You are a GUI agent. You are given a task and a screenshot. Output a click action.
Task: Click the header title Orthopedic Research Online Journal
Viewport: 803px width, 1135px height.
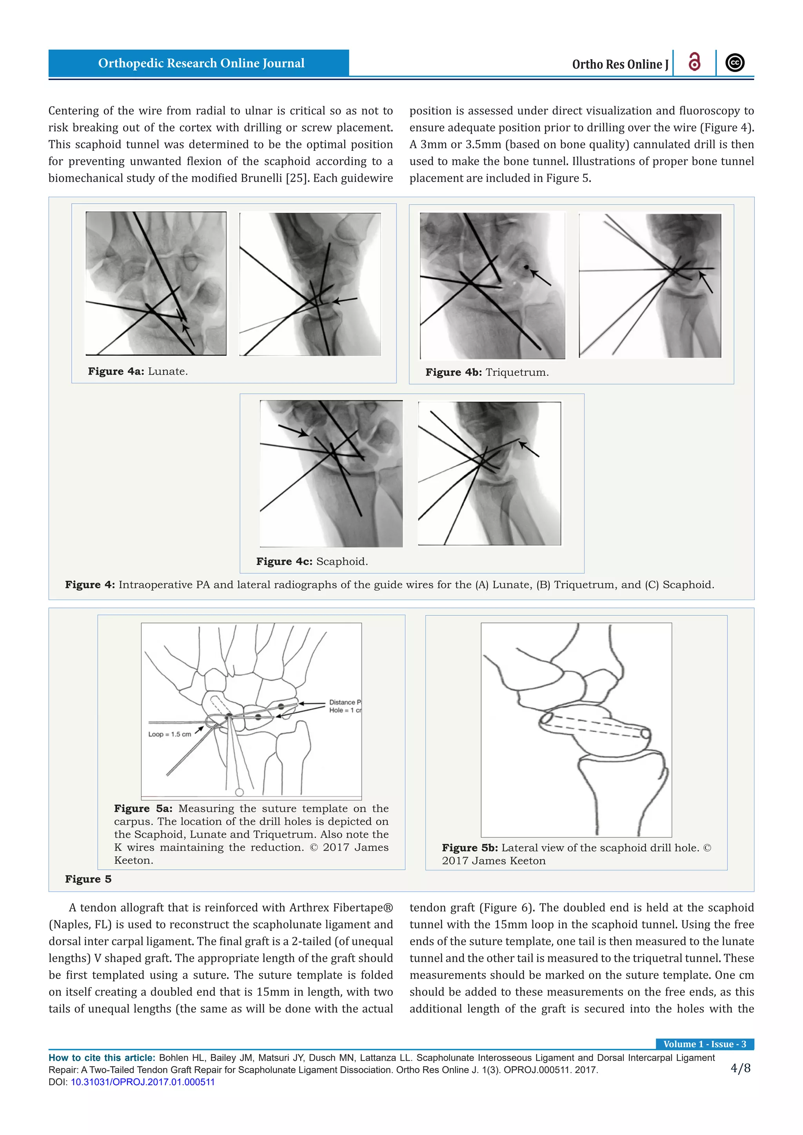tap(201, 63)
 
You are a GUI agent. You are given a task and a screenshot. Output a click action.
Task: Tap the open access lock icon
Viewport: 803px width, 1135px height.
tap(694, 62)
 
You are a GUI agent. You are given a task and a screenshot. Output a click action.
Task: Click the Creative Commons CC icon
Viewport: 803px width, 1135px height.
tap(735, 63)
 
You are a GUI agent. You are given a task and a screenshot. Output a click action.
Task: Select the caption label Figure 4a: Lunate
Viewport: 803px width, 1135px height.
tap(138, 371)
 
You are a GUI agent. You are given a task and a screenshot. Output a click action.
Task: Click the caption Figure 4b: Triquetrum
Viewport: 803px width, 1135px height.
tap(487, 372)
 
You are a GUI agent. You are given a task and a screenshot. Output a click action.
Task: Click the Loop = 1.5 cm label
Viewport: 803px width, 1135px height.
tap(170, 734)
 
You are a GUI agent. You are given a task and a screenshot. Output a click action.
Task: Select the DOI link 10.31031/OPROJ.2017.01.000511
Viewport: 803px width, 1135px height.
tap(143, 1082)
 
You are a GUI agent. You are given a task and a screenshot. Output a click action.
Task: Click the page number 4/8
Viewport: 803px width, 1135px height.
tap(740, 1068)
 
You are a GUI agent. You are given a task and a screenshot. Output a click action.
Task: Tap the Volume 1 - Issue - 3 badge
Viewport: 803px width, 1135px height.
tap(704, 1044)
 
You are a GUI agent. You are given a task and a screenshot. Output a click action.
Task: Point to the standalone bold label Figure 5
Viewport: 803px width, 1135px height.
tap(88, 879)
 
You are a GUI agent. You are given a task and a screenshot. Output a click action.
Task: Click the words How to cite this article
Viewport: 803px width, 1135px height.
tap(102, 1057)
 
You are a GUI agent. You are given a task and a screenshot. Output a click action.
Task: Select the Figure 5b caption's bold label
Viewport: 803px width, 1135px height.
tap(469, 848)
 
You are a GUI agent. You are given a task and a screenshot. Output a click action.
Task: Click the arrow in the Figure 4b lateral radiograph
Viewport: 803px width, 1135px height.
tap(706, 281)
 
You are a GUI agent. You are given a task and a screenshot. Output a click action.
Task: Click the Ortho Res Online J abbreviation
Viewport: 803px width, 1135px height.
tap(620, 64)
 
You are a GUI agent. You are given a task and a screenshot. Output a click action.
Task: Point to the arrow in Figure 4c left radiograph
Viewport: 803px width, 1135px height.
tap(294, 431)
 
